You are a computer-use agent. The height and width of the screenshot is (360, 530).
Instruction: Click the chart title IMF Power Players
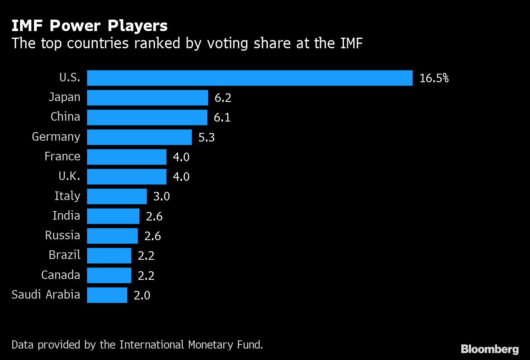click(90, 26)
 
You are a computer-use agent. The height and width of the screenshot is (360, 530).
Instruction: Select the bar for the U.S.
click(249, 78)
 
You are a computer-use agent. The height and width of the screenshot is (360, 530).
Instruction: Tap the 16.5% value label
click(434, 78)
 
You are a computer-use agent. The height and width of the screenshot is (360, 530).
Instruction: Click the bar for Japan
click(148, 98)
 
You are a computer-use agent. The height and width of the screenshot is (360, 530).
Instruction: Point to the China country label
click(65, 117)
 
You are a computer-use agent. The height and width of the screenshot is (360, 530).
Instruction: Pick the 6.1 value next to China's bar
click(222, 118)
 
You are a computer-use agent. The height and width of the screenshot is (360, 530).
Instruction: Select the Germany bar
click(139, 137)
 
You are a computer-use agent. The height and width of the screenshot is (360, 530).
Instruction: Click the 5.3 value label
click(207, 137)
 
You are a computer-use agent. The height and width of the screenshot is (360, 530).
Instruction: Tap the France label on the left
click(62, 156)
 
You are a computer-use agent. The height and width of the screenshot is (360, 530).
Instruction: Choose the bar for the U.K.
click(127, 176)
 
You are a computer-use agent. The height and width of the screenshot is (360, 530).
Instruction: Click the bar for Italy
click(117, 196)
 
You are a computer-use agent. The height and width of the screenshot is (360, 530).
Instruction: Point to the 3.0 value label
click(161, 197)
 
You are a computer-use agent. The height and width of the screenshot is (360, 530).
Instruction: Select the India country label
click(66, 216)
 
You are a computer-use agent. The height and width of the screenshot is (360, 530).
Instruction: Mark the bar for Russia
click(112, 236)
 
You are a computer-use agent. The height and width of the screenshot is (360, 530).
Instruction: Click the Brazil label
click(64, 255)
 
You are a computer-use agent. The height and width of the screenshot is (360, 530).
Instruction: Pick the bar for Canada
click(109, 275)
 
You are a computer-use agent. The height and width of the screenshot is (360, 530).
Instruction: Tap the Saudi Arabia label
click(46, 295)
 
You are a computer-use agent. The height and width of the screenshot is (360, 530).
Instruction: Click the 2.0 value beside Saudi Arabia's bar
click(142, 295)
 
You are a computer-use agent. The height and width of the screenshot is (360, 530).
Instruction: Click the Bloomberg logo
click(490, 349)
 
